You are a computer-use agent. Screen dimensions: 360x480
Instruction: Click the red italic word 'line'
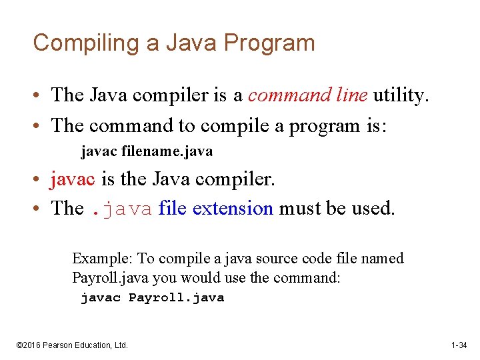[x=352, y=95]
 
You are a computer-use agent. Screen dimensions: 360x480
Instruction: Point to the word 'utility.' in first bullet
[x=399, y=95]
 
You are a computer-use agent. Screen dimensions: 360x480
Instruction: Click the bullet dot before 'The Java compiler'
[x=41, y=96]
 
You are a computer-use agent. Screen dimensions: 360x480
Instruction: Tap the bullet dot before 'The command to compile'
[x=41, y=125]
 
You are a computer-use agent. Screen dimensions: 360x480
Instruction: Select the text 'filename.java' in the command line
[x=167, y=151]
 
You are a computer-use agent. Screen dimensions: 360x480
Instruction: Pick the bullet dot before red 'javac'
[x=41, y=179]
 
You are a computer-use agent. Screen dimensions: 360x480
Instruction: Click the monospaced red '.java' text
[x=121, y=209]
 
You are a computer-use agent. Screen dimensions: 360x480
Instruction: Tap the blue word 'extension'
[x=233, y=209]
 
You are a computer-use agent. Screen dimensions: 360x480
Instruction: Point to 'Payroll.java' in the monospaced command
[x=176, y=298]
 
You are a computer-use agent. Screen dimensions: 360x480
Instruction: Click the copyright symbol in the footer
[x=19, y=345]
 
